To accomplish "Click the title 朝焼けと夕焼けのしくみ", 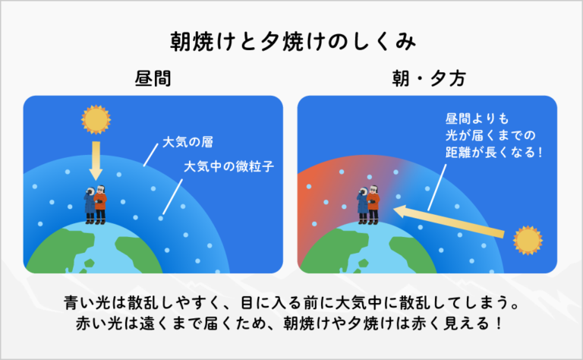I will (x=291, y=41).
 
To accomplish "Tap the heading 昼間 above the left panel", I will (x=153, y=79).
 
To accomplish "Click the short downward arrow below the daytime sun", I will (x=96, y=161).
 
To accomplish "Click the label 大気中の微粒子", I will (x=228, y=165).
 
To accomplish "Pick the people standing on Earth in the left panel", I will (x=96, y=204).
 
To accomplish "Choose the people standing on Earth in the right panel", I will (x=369, y=204).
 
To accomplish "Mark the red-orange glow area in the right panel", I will (x=323, y=197).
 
